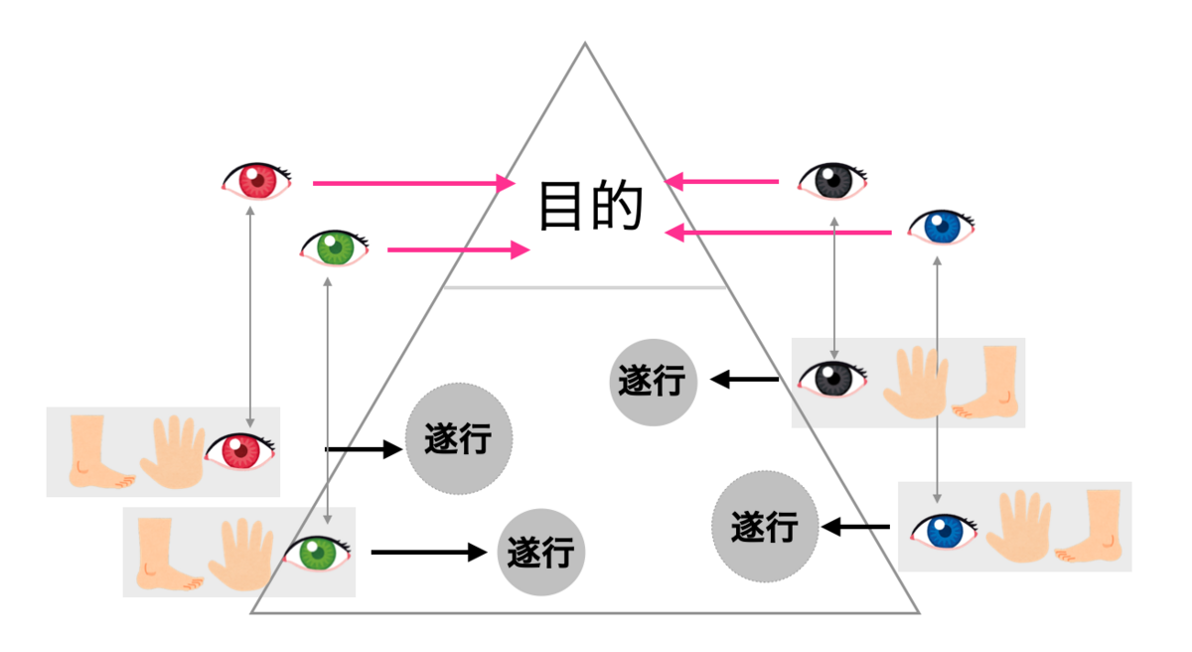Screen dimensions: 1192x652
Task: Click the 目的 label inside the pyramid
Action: point(591,206)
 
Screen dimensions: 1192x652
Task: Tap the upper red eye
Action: point(257,181)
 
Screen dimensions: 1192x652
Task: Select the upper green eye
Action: point(335,248)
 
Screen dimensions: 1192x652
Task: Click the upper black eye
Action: point(832,181)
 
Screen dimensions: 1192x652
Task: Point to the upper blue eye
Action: point(942,228)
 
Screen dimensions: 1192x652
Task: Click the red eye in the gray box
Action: point(240,451)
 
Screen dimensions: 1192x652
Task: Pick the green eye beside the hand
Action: point(317,554)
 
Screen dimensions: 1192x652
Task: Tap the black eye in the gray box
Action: point(832,379)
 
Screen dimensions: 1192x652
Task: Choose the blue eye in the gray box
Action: point(944,531)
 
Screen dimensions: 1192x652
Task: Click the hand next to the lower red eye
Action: point(174,451)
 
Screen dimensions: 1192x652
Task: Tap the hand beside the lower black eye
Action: point(916,382)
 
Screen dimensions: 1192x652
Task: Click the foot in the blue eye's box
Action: point(1089,526)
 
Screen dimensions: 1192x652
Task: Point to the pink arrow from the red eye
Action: point(414,183)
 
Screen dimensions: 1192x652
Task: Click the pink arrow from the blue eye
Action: point(779,233)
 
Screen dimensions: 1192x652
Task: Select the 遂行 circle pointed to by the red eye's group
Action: point(459,438)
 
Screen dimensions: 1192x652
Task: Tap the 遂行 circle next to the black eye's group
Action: point(653,382)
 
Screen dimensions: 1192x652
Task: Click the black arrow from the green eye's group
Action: point(429,552)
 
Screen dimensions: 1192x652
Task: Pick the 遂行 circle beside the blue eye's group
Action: point(765,527)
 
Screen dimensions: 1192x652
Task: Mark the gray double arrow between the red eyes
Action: point(250,317)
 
